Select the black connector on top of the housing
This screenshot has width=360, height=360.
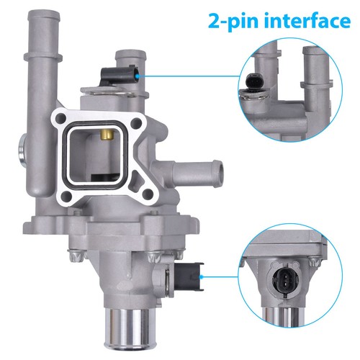[119, 75]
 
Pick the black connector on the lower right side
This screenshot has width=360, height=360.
[189, 276]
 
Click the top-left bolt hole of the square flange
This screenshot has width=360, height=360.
[61, 117]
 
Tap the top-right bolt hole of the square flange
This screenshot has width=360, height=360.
[136, 124]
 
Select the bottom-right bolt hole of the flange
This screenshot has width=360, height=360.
[148, 194]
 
